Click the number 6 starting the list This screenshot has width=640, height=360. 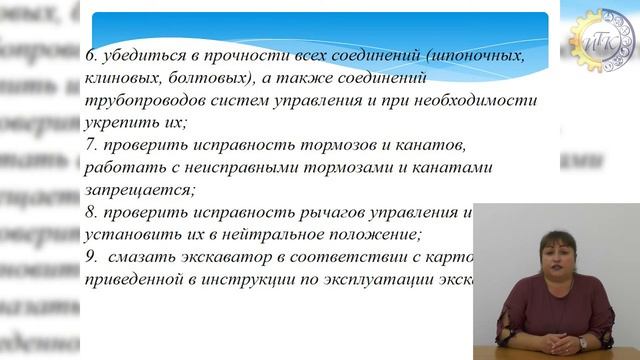[90, 58]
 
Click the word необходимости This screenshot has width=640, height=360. [479, 102]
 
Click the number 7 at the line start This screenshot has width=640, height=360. [90, 147]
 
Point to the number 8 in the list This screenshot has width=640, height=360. [90, 213]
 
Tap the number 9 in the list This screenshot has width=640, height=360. [90, 257]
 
